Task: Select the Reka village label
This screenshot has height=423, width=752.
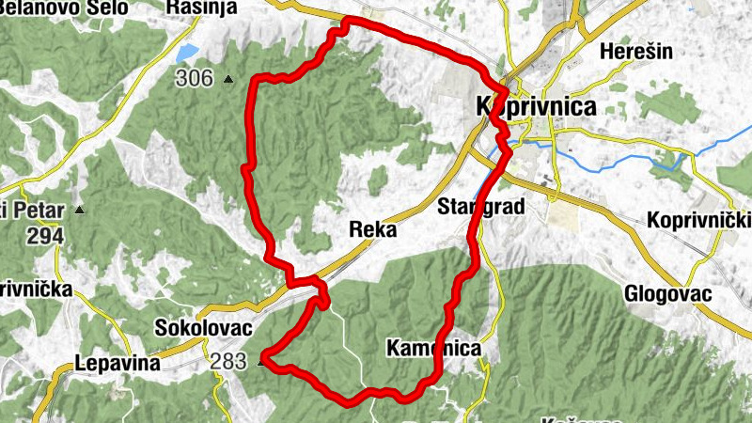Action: (x=372, y=230)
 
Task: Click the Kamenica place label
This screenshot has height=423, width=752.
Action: (x=433, y=350)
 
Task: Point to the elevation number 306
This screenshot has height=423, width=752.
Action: (x=194, y=79)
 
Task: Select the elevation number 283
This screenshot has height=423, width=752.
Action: (x=229, y=360)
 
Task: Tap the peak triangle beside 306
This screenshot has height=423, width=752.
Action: (x=227, y=81)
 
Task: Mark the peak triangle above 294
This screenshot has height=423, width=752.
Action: (x=80, y=210)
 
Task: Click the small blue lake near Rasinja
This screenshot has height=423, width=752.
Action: (x=186, y=52)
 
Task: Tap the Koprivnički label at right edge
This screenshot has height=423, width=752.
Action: (x=700, y=221)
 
